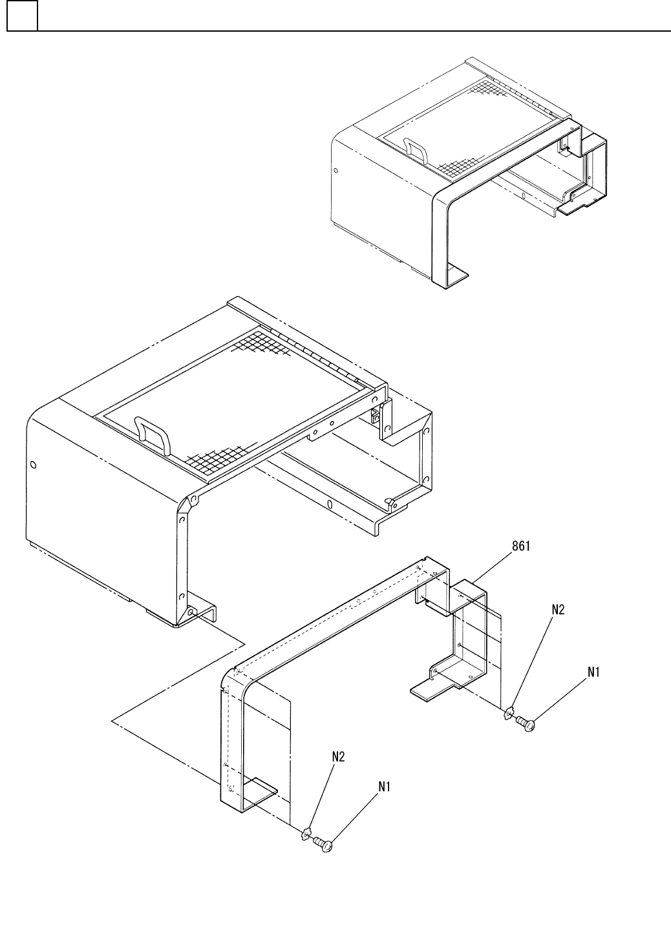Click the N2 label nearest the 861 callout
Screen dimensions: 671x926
click(x=558, y=609)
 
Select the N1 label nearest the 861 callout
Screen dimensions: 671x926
click(x=593, y=673)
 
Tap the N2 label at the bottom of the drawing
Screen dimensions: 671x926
click(x=338, y=756)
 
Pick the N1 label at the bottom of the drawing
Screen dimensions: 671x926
click(x=385, y=786)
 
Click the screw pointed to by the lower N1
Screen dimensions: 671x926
click(x=323, y=843)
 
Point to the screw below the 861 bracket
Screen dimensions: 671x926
click(x=526, y=727)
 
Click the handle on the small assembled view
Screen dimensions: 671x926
click(x=414, y=149)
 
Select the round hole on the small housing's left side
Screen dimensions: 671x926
click(x=335, y=171)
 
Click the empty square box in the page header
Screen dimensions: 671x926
click(x=22, y=16)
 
